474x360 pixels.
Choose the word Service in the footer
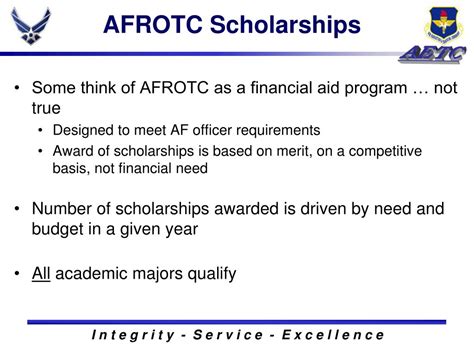point(247,335)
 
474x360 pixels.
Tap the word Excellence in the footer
point(339,335)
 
